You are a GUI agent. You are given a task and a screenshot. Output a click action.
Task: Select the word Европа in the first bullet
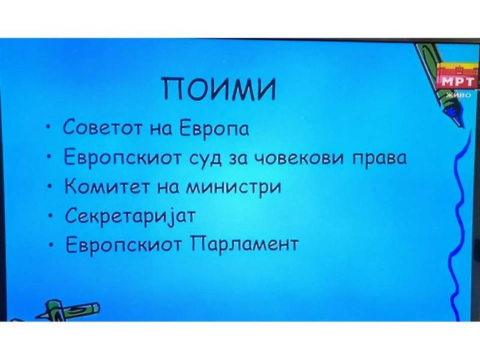(214, 128)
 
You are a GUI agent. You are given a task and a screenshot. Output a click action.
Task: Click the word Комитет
(107, 186)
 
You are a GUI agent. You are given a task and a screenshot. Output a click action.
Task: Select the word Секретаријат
(130, 215)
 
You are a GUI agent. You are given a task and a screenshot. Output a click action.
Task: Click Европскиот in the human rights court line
(121, 158)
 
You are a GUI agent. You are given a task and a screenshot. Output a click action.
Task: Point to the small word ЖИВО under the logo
(458, 95)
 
